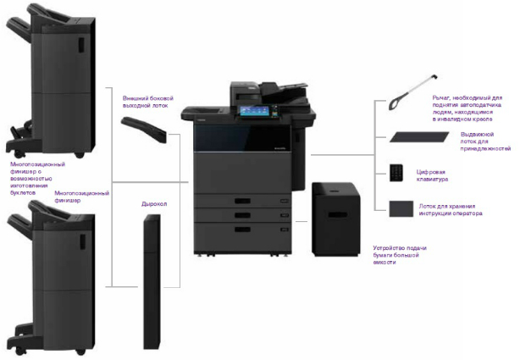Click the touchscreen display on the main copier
(x=253, y=110)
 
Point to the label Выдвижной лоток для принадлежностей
(x=485, y=141)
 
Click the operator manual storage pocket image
(x=398, y=208)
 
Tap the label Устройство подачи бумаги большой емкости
(x=401, y=255)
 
